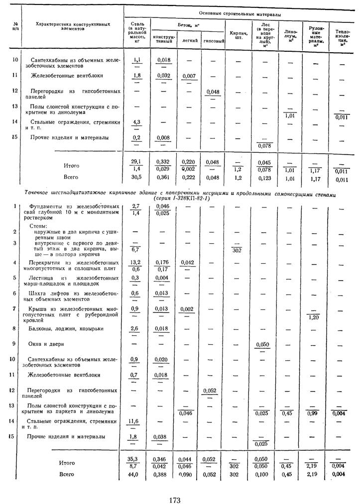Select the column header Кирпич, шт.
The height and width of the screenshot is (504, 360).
[237, 35]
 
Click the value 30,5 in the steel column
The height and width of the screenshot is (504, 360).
[136, 177]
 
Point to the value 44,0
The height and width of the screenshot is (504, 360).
[136, 474]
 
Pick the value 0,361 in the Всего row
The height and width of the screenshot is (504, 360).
[164, 177]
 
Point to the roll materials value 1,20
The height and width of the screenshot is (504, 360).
[314, 317]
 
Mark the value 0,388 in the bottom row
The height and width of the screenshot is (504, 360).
[164, 474]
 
